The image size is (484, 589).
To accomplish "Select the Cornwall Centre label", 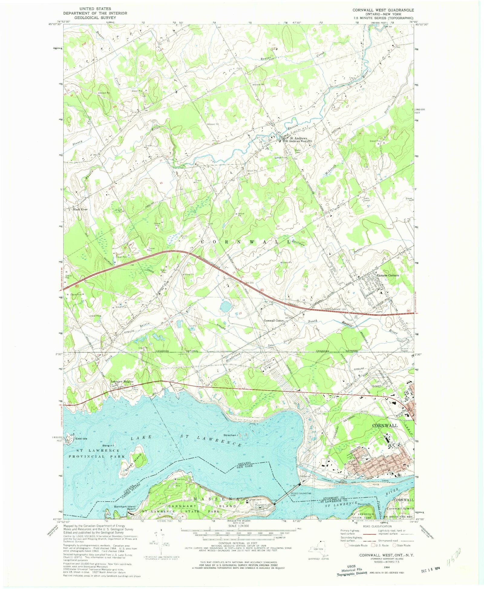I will [273, 321].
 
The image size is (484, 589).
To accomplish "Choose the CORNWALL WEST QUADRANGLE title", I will [383, 10].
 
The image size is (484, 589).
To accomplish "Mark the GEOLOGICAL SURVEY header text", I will [95, 18].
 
